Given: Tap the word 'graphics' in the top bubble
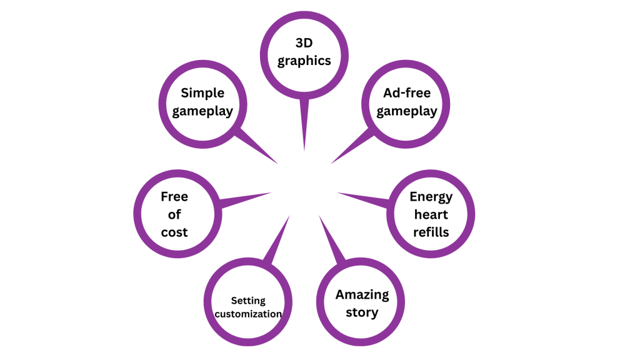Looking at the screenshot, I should (304, 61).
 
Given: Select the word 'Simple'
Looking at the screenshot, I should (202, 93).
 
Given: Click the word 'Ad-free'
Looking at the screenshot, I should (407, 93).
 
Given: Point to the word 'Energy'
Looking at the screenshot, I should (431, 197).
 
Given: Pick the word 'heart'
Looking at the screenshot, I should (431, 214).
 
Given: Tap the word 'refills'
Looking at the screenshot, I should (431, 232).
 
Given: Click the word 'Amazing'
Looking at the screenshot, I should (362, 294).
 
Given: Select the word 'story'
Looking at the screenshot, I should (362, 312).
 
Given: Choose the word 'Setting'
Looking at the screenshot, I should (248, 300).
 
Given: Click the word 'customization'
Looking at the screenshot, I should (248, 314).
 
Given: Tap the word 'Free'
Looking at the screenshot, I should (174, 197).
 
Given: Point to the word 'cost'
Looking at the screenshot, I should (174, 232).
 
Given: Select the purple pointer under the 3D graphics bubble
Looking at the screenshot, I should (304, 125).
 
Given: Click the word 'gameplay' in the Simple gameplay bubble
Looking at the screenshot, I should (202, 111).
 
